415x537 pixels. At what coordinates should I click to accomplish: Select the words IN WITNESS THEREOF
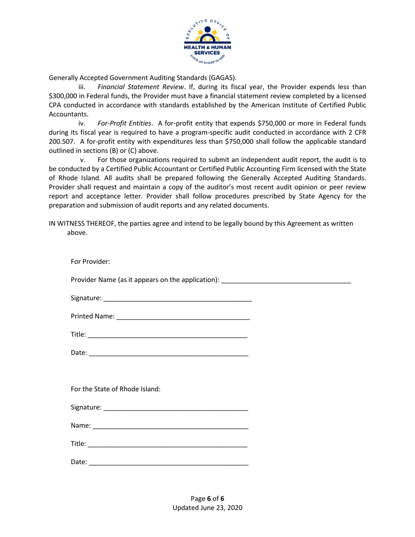point(84,224)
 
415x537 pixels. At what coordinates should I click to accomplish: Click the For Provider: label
point(90,262)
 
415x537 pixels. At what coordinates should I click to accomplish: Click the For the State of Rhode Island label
point(115,389)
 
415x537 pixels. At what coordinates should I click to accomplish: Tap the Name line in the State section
point(170,426)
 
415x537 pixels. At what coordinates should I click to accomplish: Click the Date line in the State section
point(169,462)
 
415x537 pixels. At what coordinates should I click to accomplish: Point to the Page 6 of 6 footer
point(207,499)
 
